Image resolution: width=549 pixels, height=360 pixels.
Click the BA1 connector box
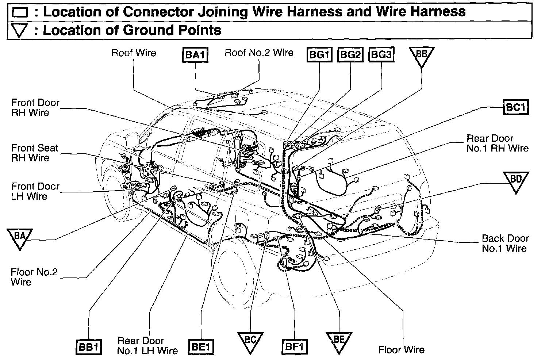click(x=195, y=55)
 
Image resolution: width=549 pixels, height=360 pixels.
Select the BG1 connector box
click(x=319, y=55)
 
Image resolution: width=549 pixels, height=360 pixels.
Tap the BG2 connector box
click(x=350, y=55)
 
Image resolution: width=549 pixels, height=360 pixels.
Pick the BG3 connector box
click(x=381, y=55)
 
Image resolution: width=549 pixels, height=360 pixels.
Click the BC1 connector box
click(x=516, y=107)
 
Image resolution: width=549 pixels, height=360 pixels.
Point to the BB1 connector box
click(x=89, y=347)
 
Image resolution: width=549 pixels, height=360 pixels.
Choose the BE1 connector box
click(x=200, y=347)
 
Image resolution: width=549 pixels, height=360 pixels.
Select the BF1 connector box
click(x=294, y=347)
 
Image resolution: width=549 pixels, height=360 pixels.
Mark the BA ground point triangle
click(x=20, y=237)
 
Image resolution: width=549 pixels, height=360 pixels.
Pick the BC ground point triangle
click(x=250, y=341)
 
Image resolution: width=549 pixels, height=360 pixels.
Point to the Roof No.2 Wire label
click(x=259, y=53)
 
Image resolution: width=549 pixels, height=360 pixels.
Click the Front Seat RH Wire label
click(x=35, y=153)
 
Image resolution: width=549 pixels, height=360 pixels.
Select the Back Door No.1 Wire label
click(x=505, y=244)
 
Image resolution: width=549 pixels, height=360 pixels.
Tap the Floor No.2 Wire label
click(x=34, y=277)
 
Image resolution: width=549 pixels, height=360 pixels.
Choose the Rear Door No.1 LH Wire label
click(x=147, y=346)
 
